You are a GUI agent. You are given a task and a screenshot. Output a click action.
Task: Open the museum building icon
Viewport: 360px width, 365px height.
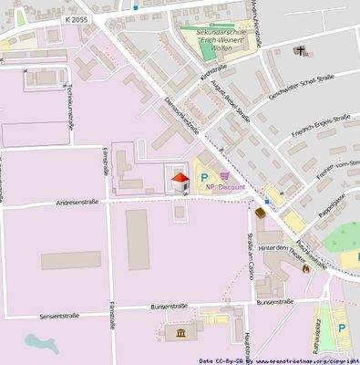[180, 334]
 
